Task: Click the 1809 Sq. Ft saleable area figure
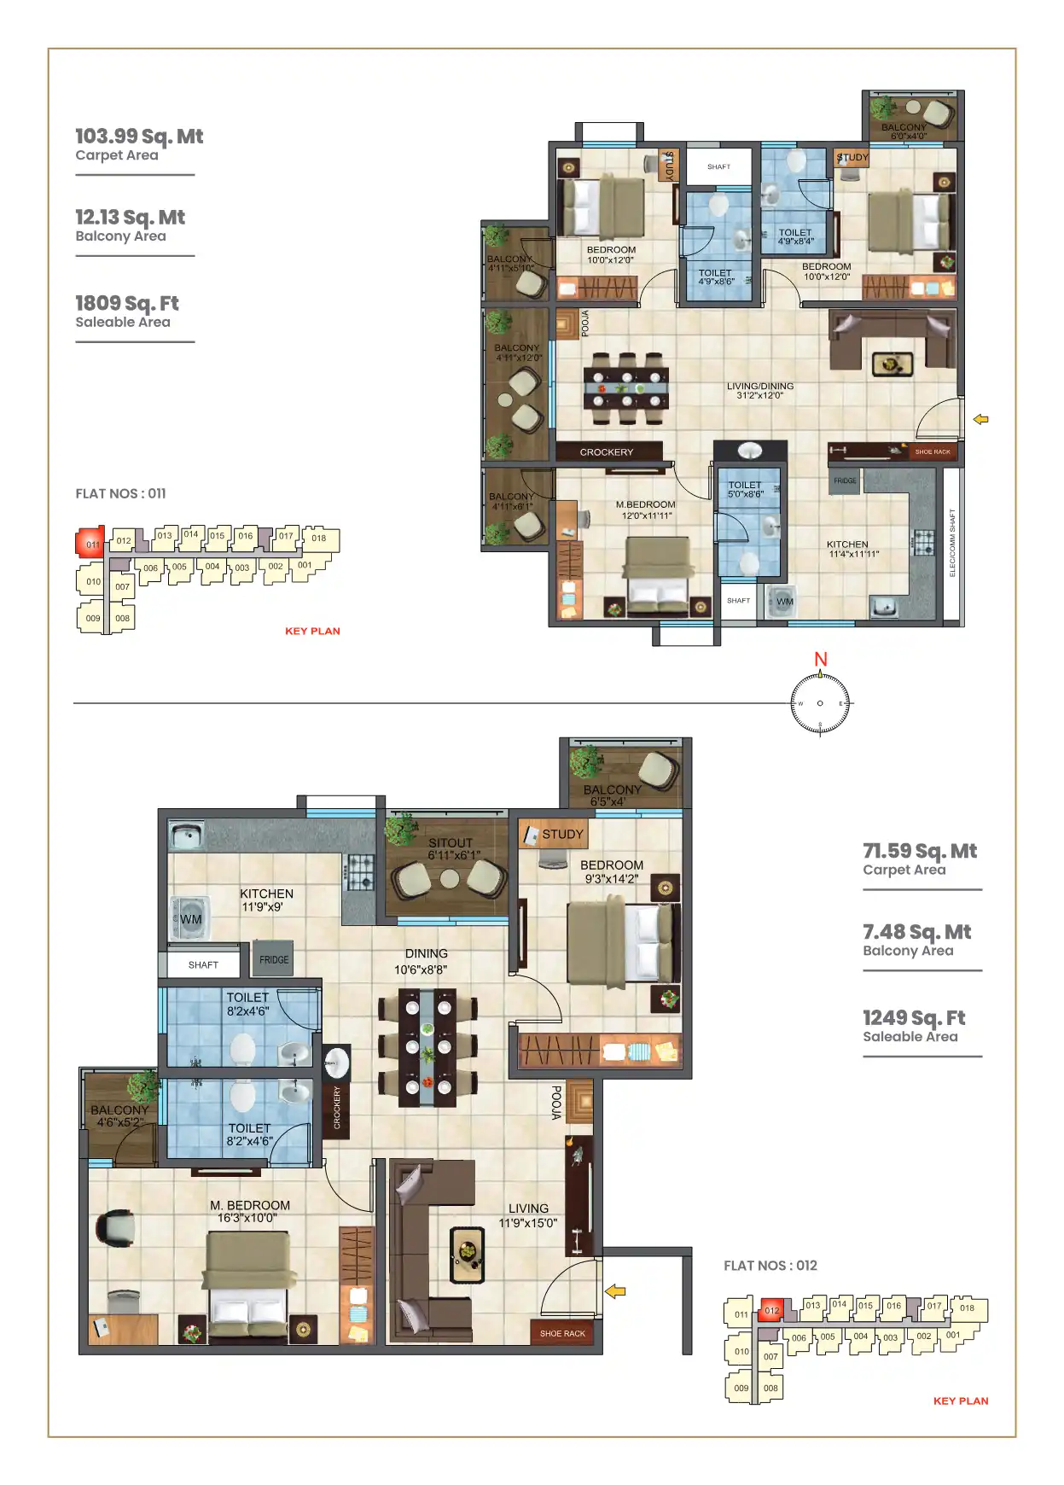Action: (x=127, y=303)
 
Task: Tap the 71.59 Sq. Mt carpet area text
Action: (x=919, y=851)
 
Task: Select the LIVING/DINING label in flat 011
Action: (x=759, y=387)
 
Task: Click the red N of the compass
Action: (x=820, y=659)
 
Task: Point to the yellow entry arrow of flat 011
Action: (x=981, y=419)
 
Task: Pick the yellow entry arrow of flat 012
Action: (x=615, y=1291)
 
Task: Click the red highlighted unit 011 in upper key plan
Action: (x=90, y=543)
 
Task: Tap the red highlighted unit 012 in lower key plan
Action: (x=771, y=1310)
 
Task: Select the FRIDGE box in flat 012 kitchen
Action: (x=274, y=959)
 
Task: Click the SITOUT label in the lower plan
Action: (x=451, y=842)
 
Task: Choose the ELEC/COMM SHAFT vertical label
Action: (x=952, y=543)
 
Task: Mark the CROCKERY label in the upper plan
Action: (x=607, y=452)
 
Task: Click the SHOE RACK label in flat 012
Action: (x=562, y=1333)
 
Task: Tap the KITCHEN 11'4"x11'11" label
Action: (x=847, y=544)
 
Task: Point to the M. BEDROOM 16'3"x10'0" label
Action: (x=249, y=1206)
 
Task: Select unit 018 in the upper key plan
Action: (x=318, y=538)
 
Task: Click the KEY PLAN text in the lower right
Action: (x=961, y=1401)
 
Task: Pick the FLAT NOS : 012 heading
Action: (x=770, y=1265)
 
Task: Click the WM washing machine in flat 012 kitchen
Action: (x=189, y=919)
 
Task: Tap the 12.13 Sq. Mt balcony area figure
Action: (x=130, y=218)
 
